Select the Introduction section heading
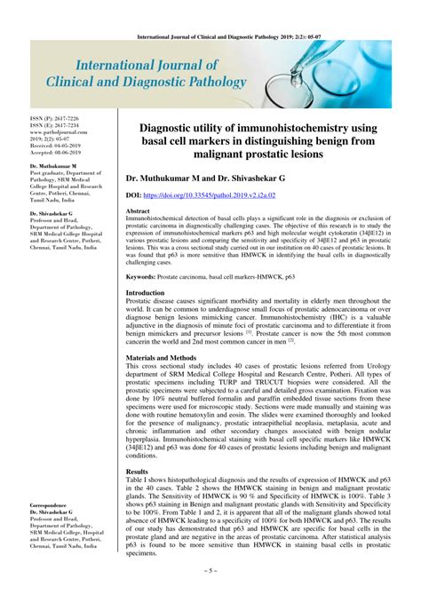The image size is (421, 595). point(150,292)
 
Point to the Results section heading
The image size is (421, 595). point(138,472)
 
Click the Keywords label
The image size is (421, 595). point(146,277)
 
